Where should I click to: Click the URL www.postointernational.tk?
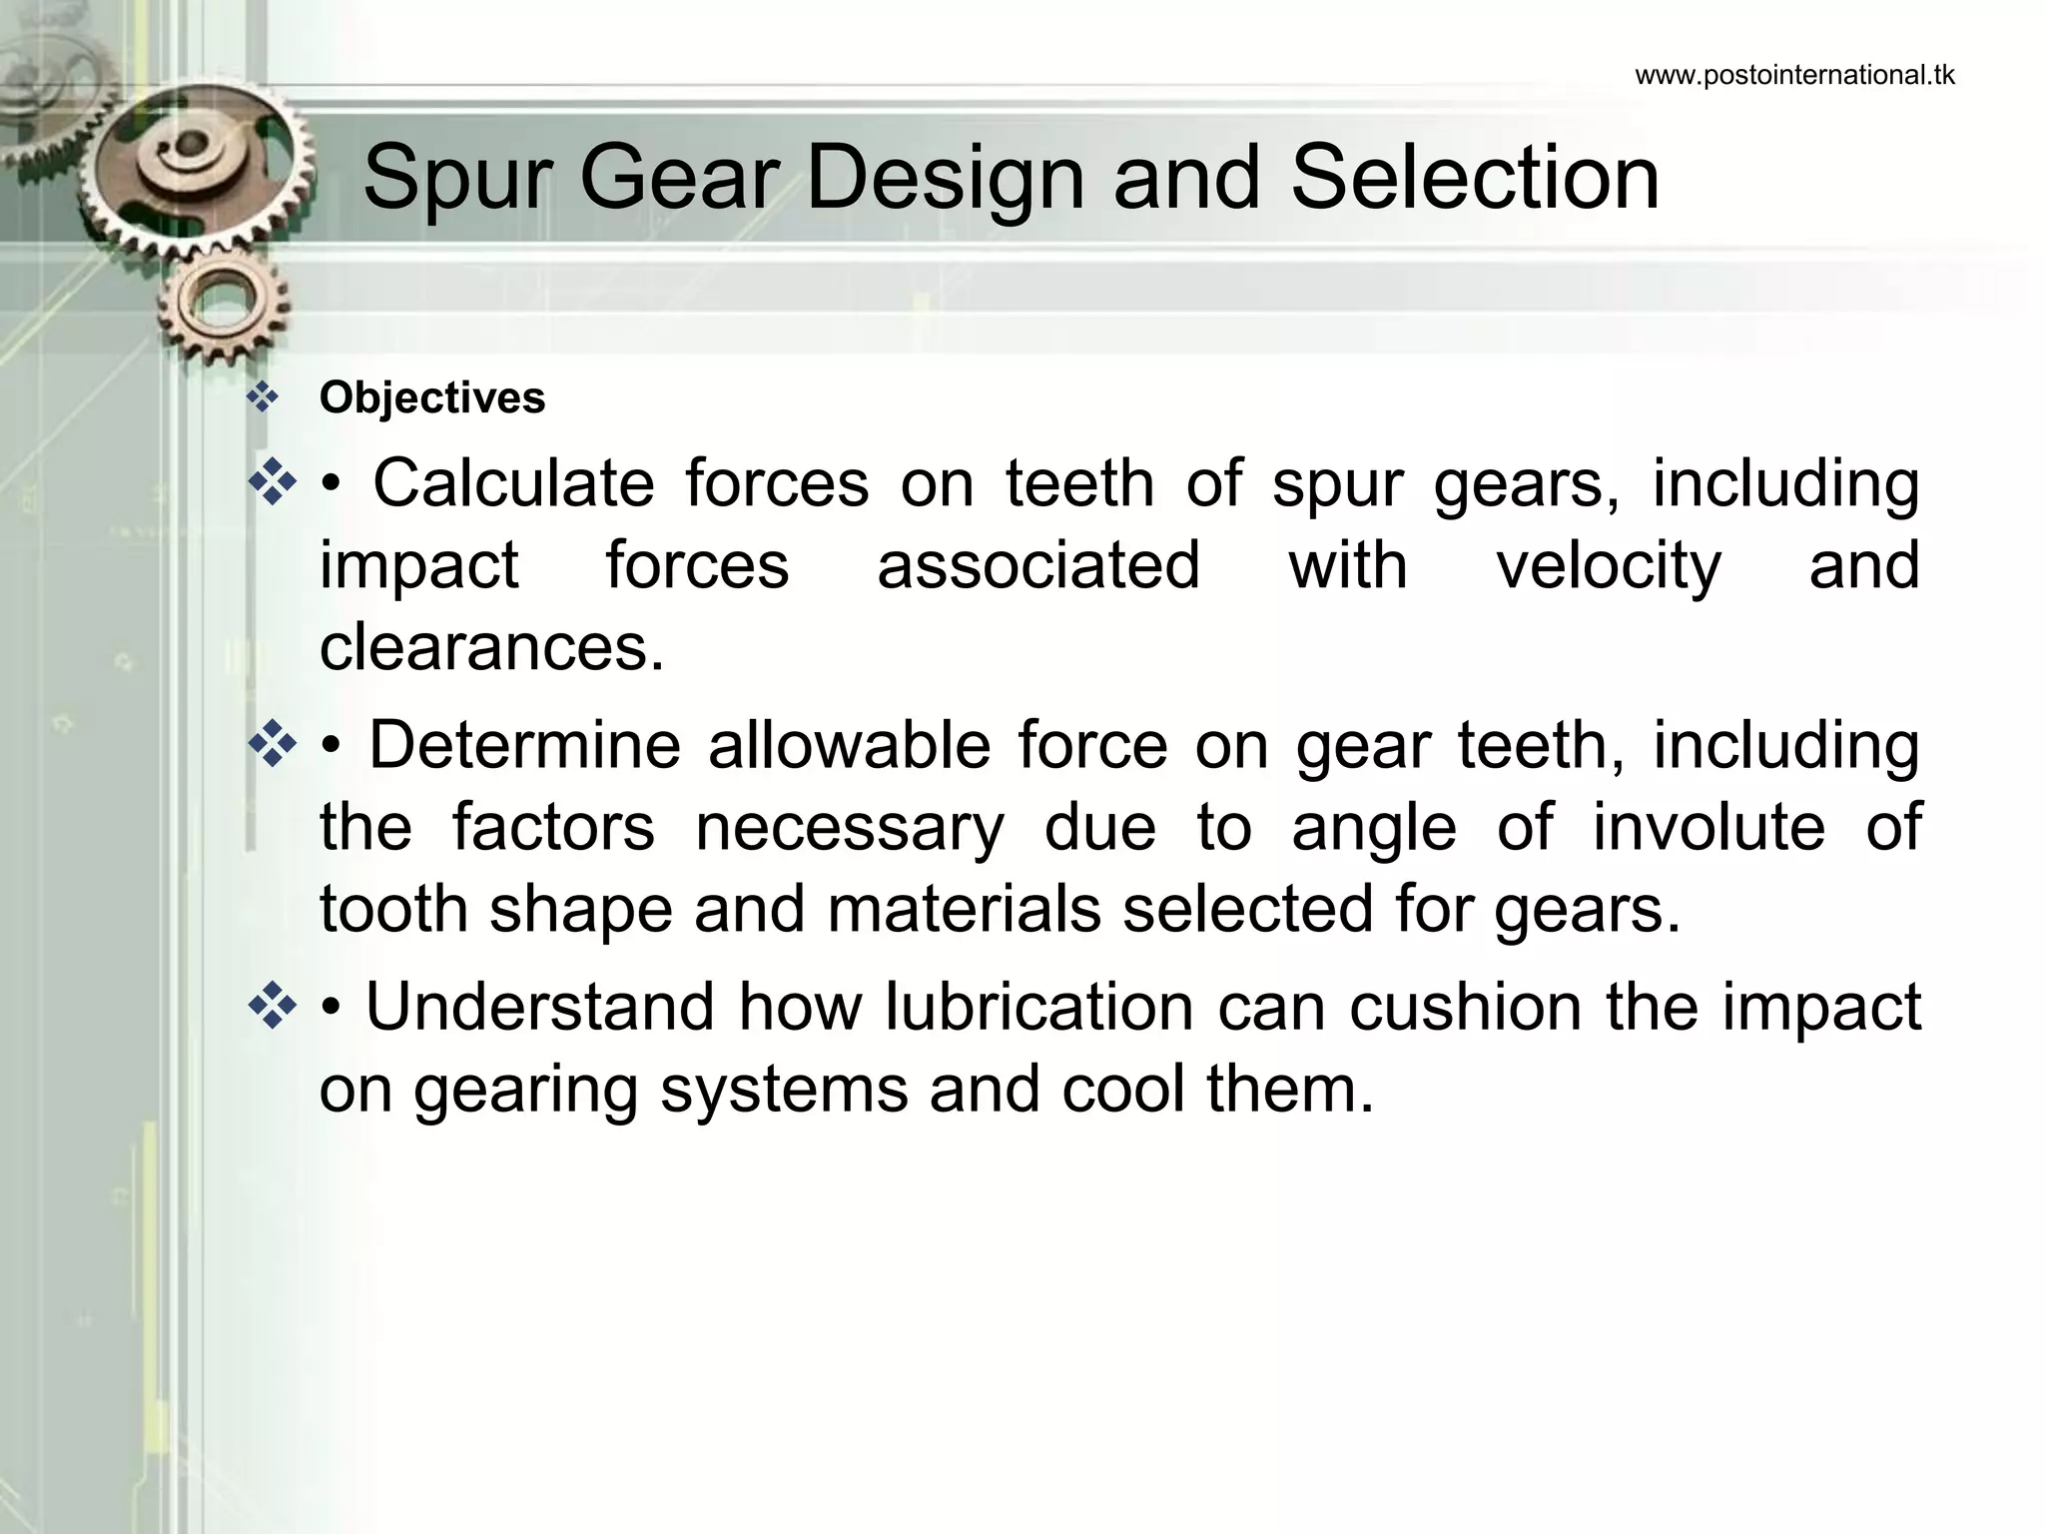tap(1794, 76)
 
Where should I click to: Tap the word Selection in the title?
tap(1475, 178)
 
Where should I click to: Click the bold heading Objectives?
tap(432, 397)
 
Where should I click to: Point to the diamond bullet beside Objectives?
tap(263, 398)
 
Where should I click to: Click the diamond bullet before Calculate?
tap(272, 484)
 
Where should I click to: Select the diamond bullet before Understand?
tap(272, 1007)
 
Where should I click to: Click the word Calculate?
tap(513, 483)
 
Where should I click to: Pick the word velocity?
tap(1608, 565)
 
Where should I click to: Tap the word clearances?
tap(491, 647)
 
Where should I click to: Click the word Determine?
tap(524, 745)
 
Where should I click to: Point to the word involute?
tap(1708, 827)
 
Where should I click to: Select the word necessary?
tap(849, 829)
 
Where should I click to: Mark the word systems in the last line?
tap(784, 1090)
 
